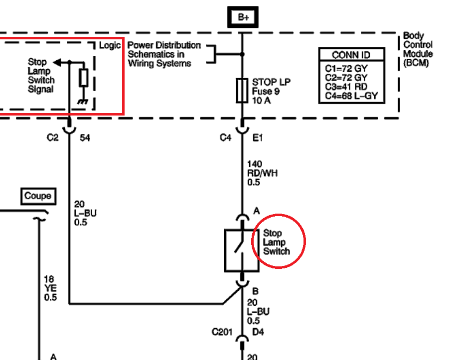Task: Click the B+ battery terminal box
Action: [x=243, y=17]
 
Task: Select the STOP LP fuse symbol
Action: [x=242, y=91]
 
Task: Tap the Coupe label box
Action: [x=38, y=196]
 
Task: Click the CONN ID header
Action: [x=351, y=55]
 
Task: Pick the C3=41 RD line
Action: [x=346, y=87]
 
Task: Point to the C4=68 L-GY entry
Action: [x=351, y=96]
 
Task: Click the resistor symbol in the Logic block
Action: [x=84, y=78]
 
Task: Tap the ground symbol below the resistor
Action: [x=83, y=102]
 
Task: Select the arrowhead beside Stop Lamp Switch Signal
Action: [x=57, y=62]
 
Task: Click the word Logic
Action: [x=110, y=45]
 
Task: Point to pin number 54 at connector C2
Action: [x=85, y=138]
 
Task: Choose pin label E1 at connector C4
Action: [x=258, y=138]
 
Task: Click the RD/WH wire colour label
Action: [x=262, y=173]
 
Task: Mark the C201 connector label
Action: [x=222, y=332]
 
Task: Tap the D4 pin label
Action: [x=258, y=332]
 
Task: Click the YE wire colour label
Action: [x=50, y=288]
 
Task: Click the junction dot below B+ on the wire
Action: [x=242, y=54]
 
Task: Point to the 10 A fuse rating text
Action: [x=261, y=101]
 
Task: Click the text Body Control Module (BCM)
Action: [x=418, y=49]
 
